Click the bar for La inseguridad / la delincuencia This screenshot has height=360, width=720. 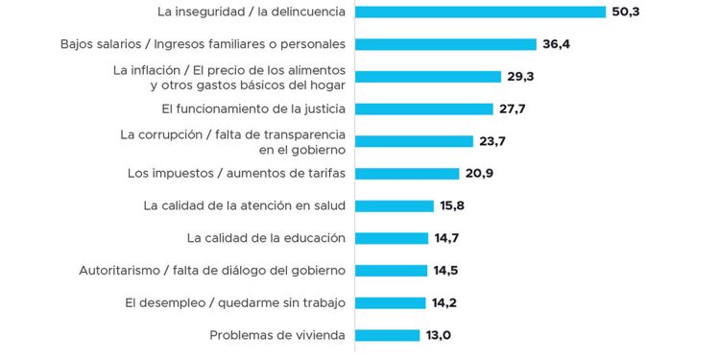[480, 12]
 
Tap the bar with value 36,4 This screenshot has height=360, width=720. [445, 44]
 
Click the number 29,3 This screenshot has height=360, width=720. [525, 77]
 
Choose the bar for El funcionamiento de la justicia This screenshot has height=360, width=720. [423, 108]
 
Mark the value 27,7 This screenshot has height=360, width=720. [516, 108]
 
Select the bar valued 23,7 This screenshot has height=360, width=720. [415, 141]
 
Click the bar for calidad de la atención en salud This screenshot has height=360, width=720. [395, 205]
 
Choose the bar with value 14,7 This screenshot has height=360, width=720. [392, 238]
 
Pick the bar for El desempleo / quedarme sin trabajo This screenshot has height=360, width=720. [391, 302]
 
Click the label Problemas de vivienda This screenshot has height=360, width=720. [277, 335]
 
